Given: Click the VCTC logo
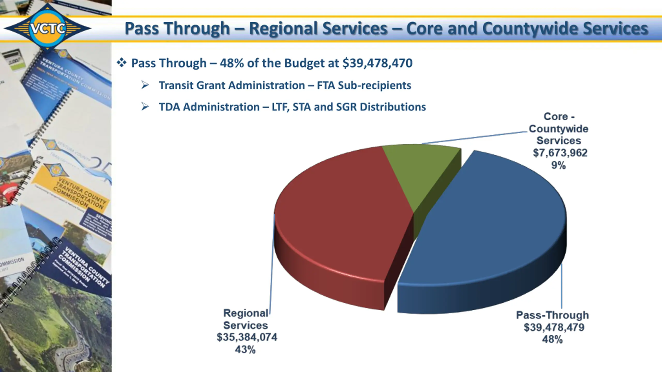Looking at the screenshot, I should [x=48, y=28].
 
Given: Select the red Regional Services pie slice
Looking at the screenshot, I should [x=341, y=220].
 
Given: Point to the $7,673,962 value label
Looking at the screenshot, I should [x=560, y=153].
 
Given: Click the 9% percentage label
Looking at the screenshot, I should [x=559, y=165].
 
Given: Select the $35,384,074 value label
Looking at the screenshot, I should [x=247, y=337].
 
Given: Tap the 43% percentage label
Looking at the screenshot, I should [x=245, y=350].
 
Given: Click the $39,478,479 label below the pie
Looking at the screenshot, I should [x=554, y=327].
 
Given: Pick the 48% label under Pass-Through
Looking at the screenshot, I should [x=552, y=339].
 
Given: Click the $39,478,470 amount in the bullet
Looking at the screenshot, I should [x=377, y=63].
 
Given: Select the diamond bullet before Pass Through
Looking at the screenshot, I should [x=122, y=63].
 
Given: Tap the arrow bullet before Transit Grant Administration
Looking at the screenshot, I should [x=145, y=85].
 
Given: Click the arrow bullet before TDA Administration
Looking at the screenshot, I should [x=145, y=106].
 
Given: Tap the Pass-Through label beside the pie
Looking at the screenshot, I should [x=552, y=315].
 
